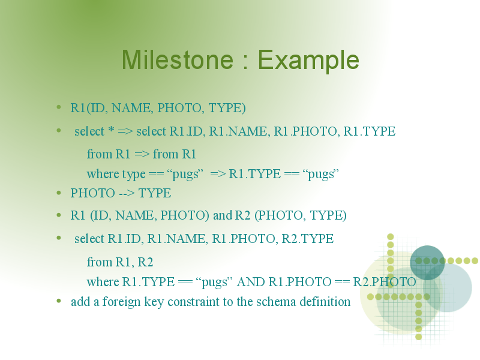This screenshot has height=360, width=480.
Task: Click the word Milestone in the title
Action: [178, 59]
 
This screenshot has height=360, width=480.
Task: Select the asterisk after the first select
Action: [111, 130]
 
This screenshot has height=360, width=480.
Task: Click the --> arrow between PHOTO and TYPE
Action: [127, 193]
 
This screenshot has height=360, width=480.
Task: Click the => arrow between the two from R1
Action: [142, 154]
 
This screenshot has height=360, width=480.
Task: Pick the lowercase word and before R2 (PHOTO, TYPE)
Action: [223, 215]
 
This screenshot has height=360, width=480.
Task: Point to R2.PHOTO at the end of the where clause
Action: [384, 282]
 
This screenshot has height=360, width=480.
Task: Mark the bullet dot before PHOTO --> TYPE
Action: [59, 193]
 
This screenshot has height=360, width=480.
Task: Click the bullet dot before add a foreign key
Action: [59, 301]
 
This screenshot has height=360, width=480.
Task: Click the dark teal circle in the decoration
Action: [427, 262]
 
